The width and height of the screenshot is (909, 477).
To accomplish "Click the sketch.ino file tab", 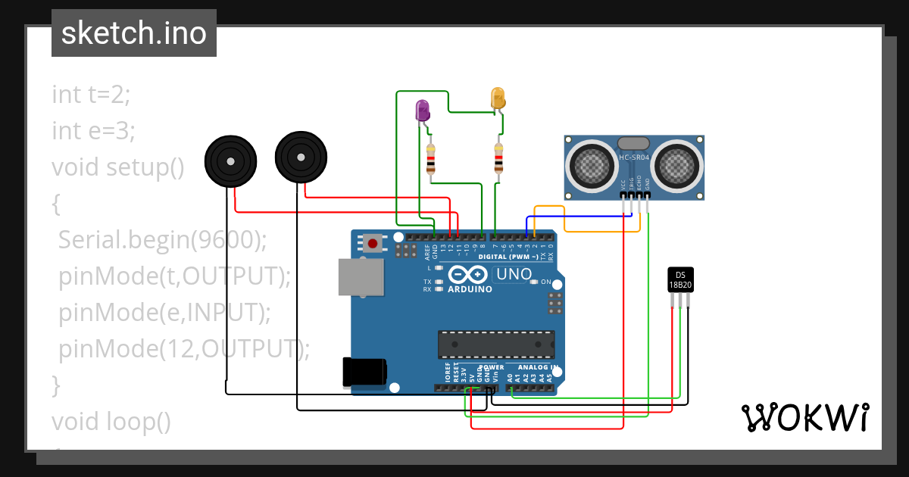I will (134, 33).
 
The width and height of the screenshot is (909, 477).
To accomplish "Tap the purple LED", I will (422, 111).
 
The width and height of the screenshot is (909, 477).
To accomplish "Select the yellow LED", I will (498, 98).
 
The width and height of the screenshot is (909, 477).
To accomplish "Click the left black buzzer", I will (230, 161).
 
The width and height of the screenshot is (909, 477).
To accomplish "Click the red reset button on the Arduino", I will (373, 243).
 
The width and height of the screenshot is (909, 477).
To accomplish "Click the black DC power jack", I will (364, 372).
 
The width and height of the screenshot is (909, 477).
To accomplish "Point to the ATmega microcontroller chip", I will (496, 344).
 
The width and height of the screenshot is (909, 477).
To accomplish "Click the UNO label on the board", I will (513, 274).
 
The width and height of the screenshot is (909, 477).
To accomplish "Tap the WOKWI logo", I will (804, 417).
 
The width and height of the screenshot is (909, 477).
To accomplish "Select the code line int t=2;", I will (92, 95).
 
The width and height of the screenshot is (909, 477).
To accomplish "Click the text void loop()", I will (111, 421).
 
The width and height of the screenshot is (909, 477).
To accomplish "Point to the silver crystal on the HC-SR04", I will (633, 143).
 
